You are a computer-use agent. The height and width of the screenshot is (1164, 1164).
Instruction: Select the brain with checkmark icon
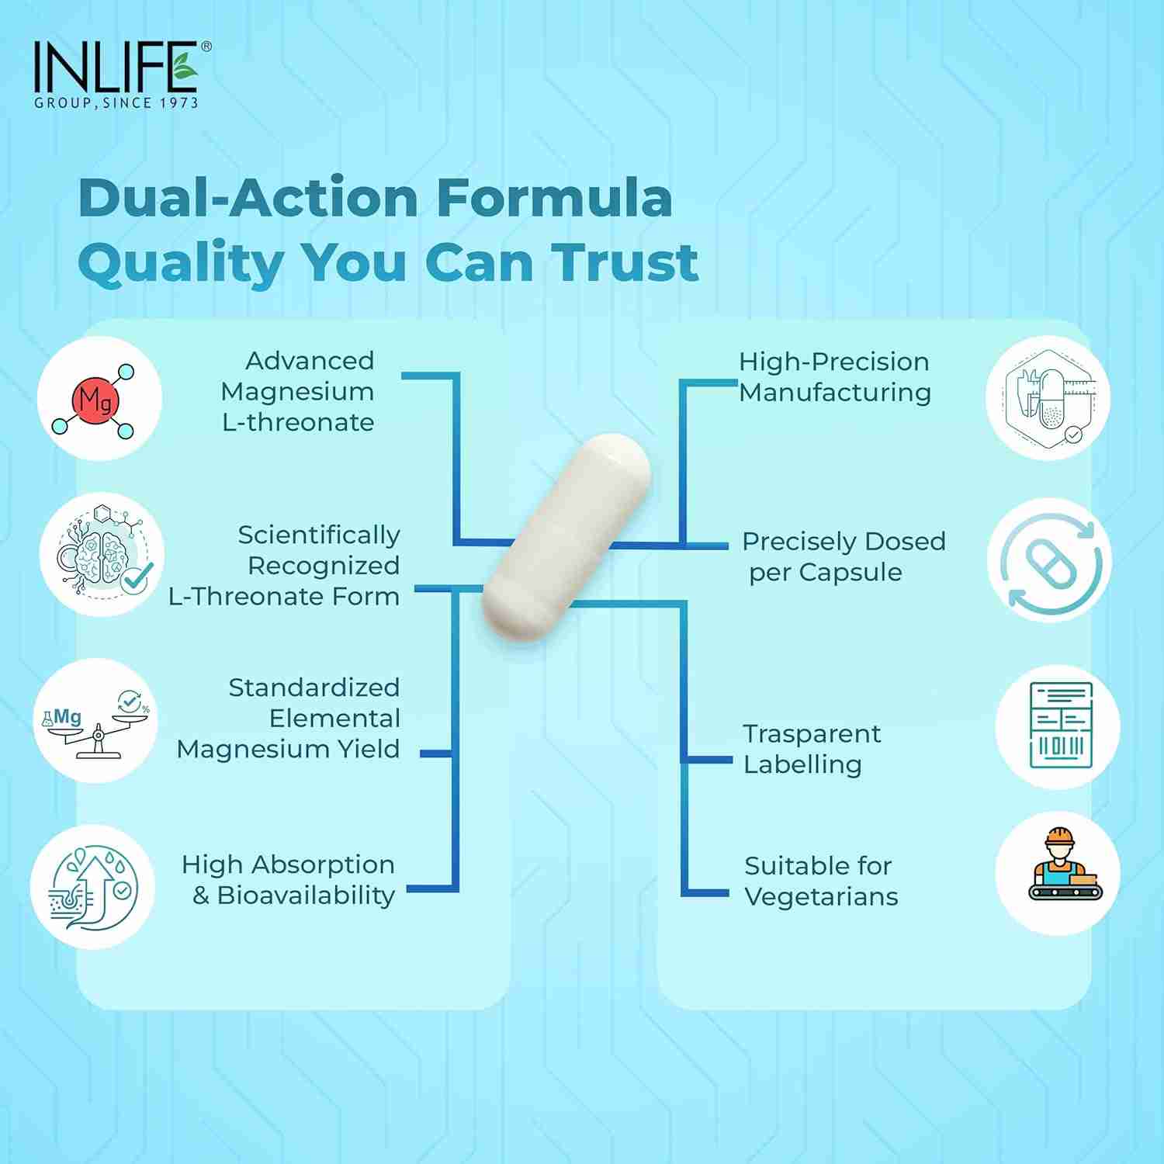(102, 555)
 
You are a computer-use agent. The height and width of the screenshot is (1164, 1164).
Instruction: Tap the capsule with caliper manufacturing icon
(1048, 397)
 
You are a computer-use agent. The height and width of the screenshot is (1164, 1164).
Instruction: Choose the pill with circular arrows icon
(1050, 560)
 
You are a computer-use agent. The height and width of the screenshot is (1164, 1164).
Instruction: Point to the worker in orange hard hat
(1058, 865)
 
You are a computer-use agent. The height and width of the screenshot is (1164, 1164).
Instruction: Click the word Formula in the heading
(554, 198)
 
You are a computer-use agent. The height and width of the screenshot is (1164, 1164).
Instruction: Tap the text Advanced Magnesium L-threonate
(299, 392)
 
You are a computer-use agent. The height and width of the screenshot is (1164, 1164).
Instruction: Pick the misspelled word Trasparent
(812, 734)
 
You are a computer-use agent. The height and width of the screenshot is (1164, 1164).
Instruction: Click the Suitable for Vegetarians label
(820, 882)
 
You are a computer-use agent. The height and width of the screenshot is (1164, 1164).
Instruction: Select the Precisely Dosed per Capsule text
(844, 556)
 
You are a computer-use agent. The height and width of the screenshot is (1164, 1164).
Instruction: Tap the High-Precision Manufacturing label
(834, 377)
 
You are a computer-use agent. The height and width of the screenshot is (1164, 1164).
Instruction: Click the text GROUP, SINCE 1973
(116, 102)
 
